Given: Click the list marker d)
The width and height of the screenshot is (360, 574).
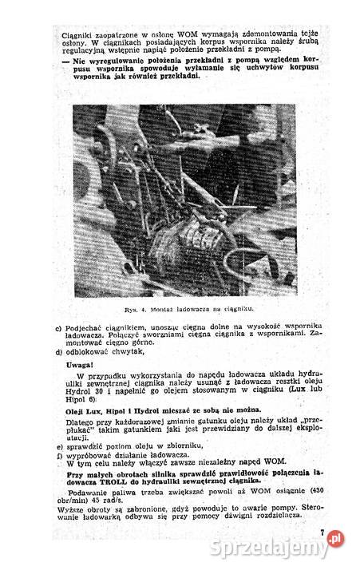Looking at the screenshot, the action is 58,350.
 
